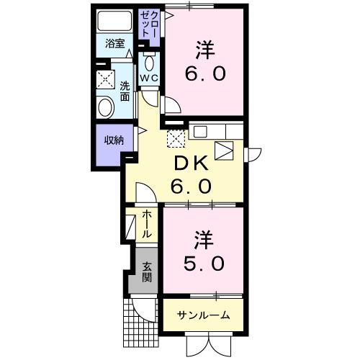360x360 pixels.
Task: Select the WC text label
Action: [x=149, y=77]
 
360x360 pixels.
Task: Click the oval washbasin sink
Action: [x=106, y=108]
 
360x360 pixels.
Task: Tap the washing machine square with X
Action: [x=106, y=78]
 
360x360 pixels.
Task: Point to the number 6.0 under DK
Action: [x=191, y=187]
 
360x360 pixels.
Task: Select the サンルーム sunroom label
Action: [x=204, y=315]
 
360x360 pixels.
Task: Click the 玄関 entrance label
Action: [x=146, y=271]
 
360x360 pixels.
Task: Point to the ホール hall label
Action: [x=147, y=225]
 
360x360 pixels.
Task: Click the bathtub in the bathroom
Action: [x=116, y=22]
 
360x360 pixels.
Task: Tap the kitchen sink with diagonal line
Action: [x=224, y=149]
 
